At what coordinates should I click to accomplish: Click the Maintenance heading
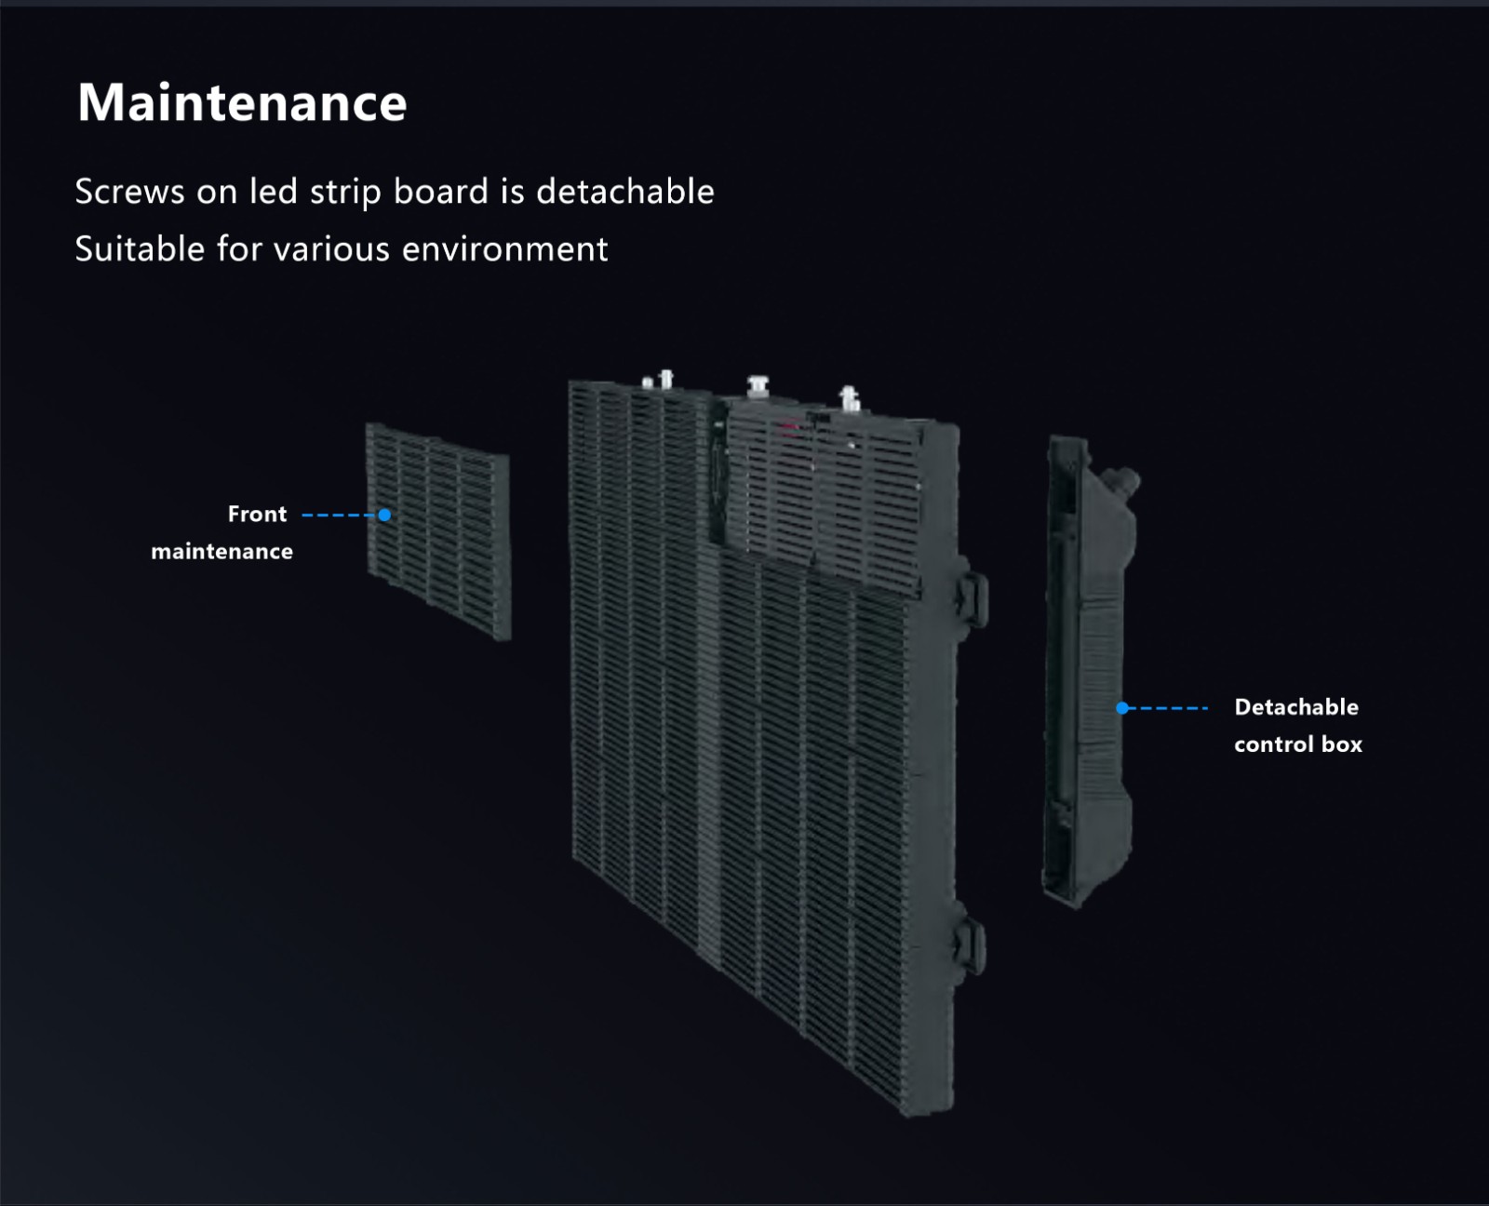(242, 102)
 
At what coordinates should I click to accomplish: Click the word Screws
(130, 192)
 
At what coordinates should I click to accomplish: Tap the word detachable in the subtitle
(625, 191)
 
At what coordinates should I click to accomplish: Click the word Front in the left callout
(257, 514)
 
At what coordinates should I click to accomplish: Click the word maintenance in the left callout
(221, 551)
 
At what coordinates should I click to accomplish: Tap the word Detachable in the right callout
(1296, 707)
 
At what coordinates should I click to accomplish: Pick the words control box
(1298, 744)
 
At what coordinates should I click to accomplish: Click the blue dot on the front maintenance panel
(384, 516)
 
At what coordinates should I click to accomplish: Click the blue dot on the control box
(1122, 708)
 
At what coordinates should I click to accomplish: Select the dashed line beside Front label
(340, 516)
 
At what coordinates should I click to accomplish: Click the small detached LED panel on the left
(438, 531)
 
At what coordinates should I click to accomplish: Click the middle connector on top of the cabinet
(758, 386)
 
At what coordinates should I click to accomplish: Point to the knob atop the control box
(1122, 481)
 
